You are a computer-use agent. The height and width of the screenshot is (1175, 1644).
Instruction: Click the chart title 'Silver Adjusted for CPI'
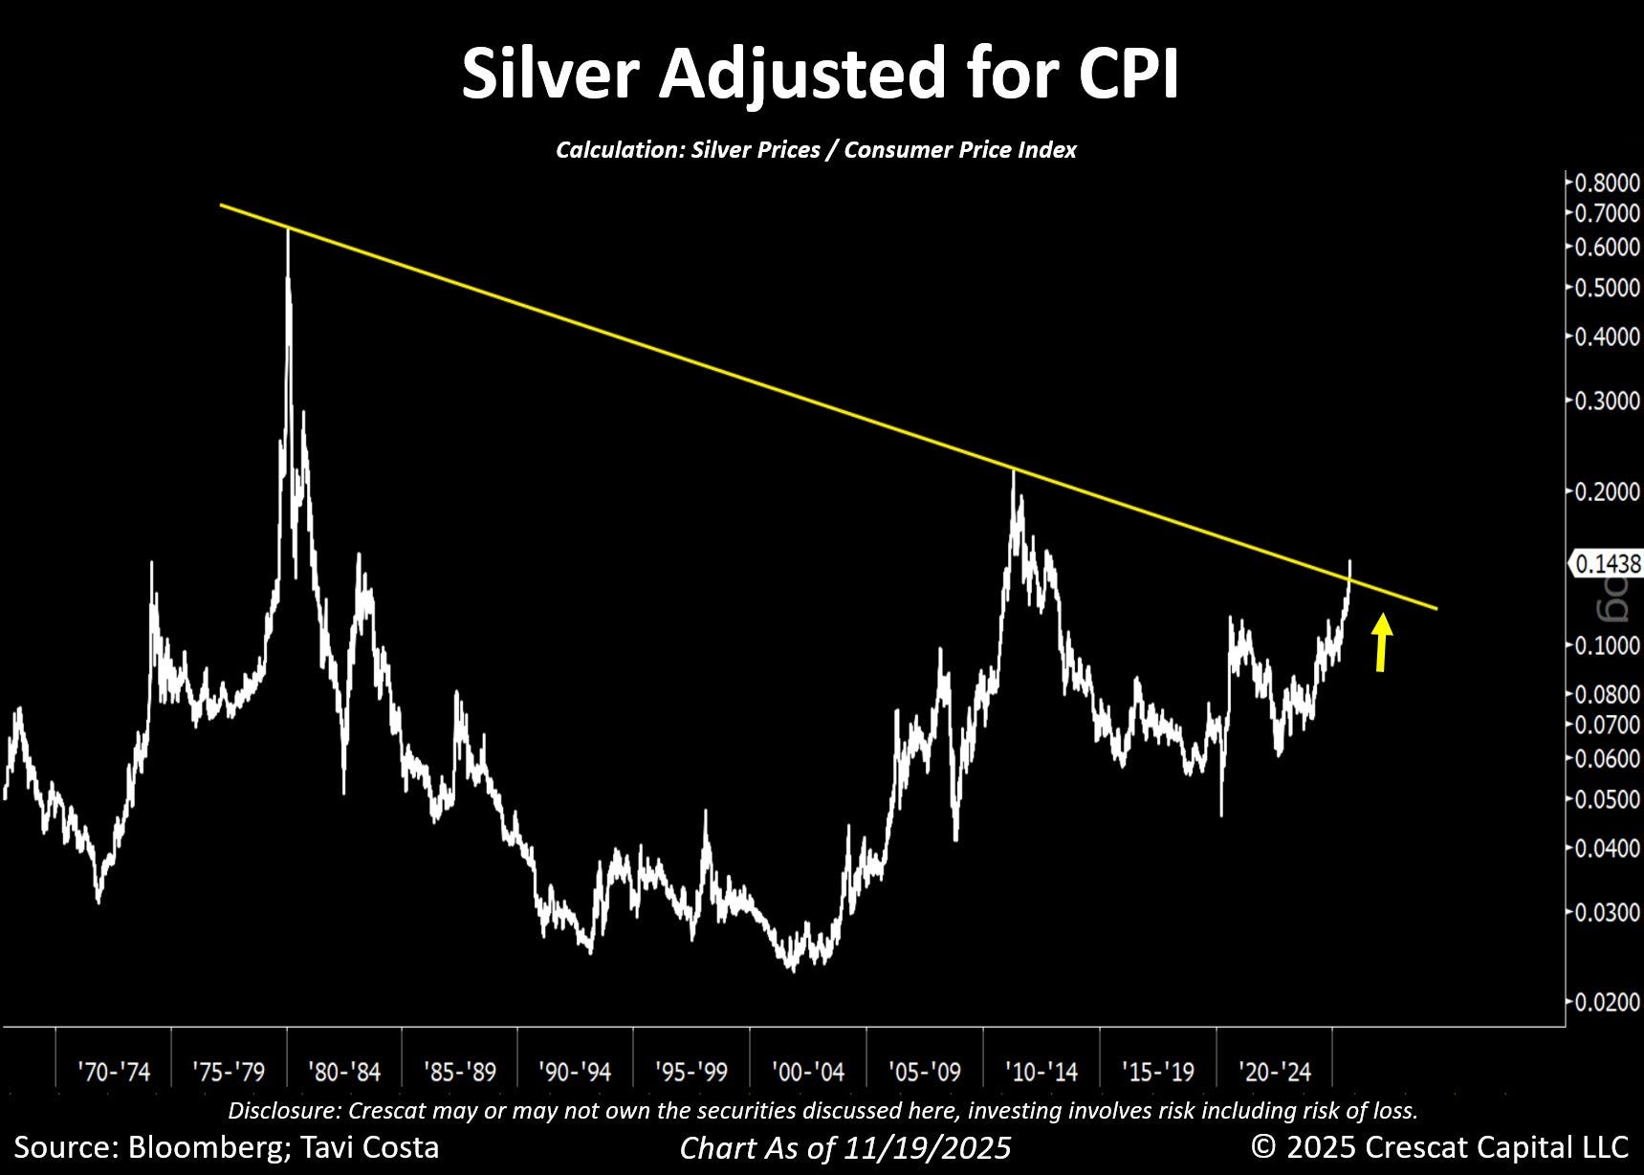(x=820, y=74)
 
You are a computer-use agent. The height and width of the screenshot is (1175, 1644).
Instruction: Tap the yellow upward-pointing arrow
(x=1381, y=642)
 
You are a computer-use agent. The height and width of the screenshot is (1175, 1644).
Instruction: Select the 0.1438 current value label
(x=1607, y=564)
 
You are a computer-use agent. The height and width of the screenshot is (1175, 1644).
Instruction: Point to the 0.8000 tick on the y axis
(x=1608, y=183)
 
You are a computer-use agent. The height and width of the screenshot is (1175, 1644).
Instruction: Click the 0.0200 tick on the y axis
(x=1608, y=1002)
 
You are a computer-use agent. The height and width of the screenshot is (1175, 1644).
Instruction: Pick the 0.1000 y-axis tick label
(x=1608, y=645)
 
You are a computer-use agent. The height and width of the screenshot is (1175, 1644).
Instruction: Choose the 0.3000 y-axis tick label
(x=1608, y=400)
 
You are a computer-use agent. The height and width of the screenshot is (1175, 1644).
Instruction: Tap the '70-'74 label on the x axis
(x=114, y=1072)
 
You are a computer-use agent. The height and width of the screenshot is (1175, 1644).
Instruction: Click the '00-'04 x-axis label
(x=808, y=1072)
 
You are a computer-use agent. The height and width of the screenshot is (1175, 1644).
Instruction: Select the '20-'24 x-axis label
(x=1274, y=1072)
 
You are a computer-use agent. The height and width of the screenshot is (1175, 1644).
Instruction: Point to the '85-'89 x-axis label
(x=460, y=1072)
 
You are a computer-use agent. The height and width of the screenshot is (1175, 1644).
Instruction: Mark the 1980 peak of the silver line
(x=288, y=233)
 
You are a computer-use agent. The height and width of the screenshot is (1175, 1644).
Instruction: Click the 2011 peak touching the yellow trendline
(x=1015, y=470)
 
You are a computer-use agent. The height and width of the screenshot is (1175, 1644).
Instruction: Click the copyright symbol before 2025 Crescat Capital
(x=1264, y=1146)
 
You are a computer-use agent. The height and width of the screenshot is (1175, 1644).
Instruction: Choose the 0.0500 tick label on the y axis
(x=1608, y=799)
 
